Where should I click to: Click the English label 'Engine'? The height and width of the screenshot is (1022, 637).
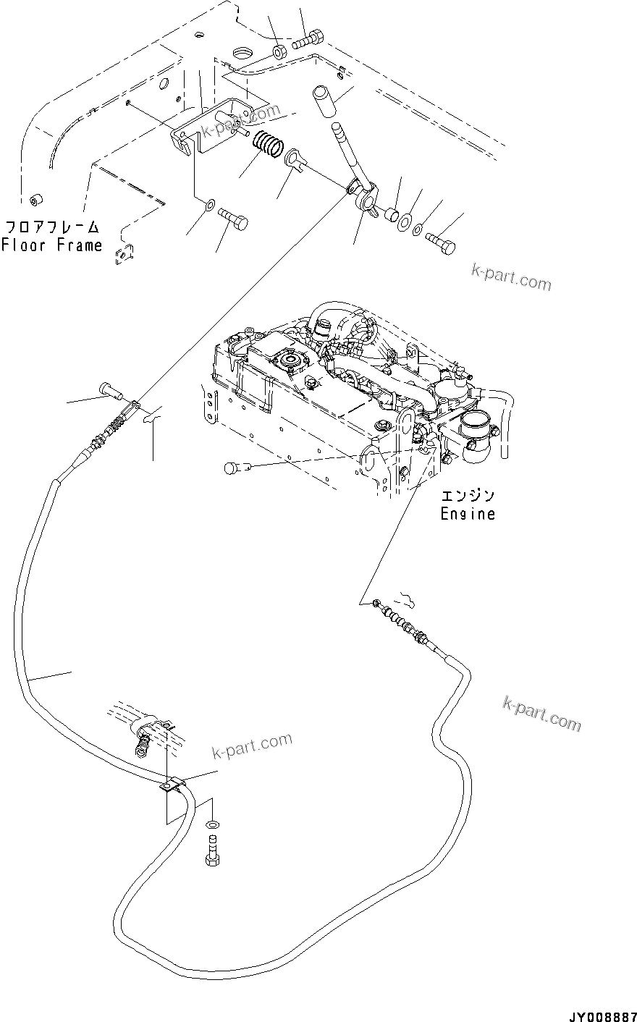coord(468,514)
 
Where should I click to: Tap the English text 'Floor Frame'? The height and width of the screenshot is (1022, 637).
coord(51,245)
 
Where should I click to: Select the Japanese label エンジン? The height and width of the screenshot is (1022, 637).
coord(468,497)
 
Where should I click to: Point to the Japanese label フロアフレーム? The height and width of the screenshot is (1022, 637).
coord(52,227)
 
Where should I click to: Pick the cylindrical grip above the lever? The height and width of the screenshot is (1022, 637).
coord(325,99)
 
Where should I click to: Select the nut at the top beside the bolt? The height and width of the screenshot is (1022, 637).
coord(279,52)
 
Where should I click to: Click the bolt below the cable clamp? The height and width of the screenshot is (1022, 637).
coord(212,849)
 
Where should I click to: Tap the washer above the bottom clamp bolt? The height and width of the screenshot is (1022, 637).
coord(212,824)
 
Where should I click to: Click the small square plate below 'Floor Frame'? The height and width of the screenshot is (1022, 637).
coord(127,253)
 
